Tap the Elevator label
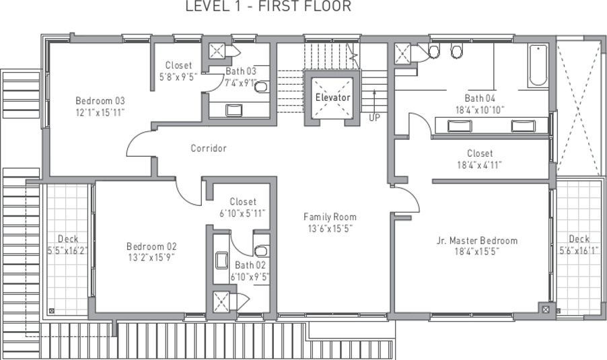[x=333, y=98]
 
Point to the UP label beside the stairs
[x=374, y=117]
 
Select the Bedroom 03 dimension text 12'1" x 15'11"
[x=100, y=112]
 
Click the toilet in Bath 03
[x=261, y=86]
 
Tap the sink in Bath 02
[x=221, y=260]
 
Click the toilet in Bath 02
[x=261, y=251]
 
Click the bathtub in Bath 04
[x=538, y=66]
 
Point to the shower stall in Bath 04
[x=403, y=53]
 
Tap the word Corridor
[x=209, y=148]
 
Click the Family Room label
[x=330, y=217]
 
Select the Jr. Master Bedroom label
[x=477, y=241]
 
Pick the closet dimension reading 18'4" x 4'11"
[x=480, y=164]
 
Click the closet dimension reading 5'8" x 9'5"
[x=178, y=77]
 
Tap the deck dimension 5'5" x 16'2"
[x=68, y=250]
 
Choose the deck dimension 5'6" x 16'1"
[x=579, y=250]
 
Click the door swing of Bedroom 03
[x=140, y=145]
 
